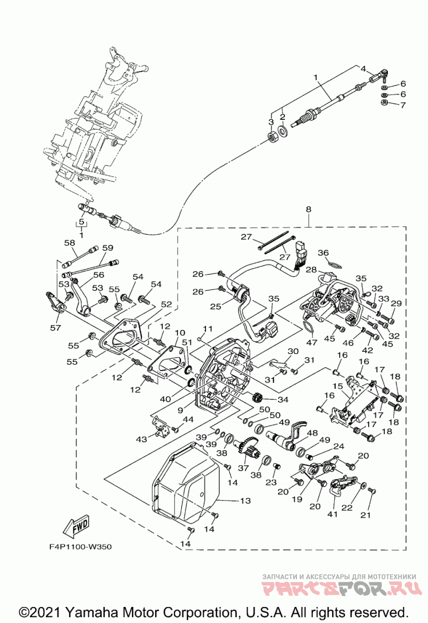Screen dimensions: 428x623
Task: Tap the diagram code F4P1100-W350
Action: pos(81,547)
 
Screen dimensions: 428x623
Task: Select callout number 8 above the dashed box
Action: pos(308,210)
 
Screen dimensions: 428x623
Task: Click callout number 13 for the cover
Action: pos(246,500)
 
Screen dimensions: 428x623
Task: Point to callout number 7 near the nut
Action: pos(403,105)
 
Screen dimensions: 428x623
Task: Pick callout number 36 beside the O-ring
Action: pos(324,253)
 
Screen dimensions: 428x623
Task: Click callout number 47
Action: pos(312,342)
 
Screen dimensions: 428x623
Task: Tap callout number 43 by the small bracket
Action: pos(141,439)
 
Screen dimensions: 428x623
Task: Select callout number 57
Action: pos(56,327)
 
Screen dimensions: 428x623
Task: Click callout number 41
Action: pos(332,514)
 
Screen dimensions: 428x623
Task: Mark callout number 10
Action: pos(180,332)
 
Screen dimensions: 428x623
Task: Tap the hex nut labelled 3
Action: pos(272,138)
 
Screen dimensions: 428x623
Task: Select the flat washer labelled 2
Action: pos(284,130)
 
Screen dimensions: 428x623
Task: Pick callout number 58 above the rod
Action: pos(70,242)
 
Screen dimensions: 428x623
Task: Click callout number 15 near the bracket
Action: pos(338,386)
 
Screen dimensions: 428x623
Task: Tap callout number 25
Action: pos(216,306)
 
